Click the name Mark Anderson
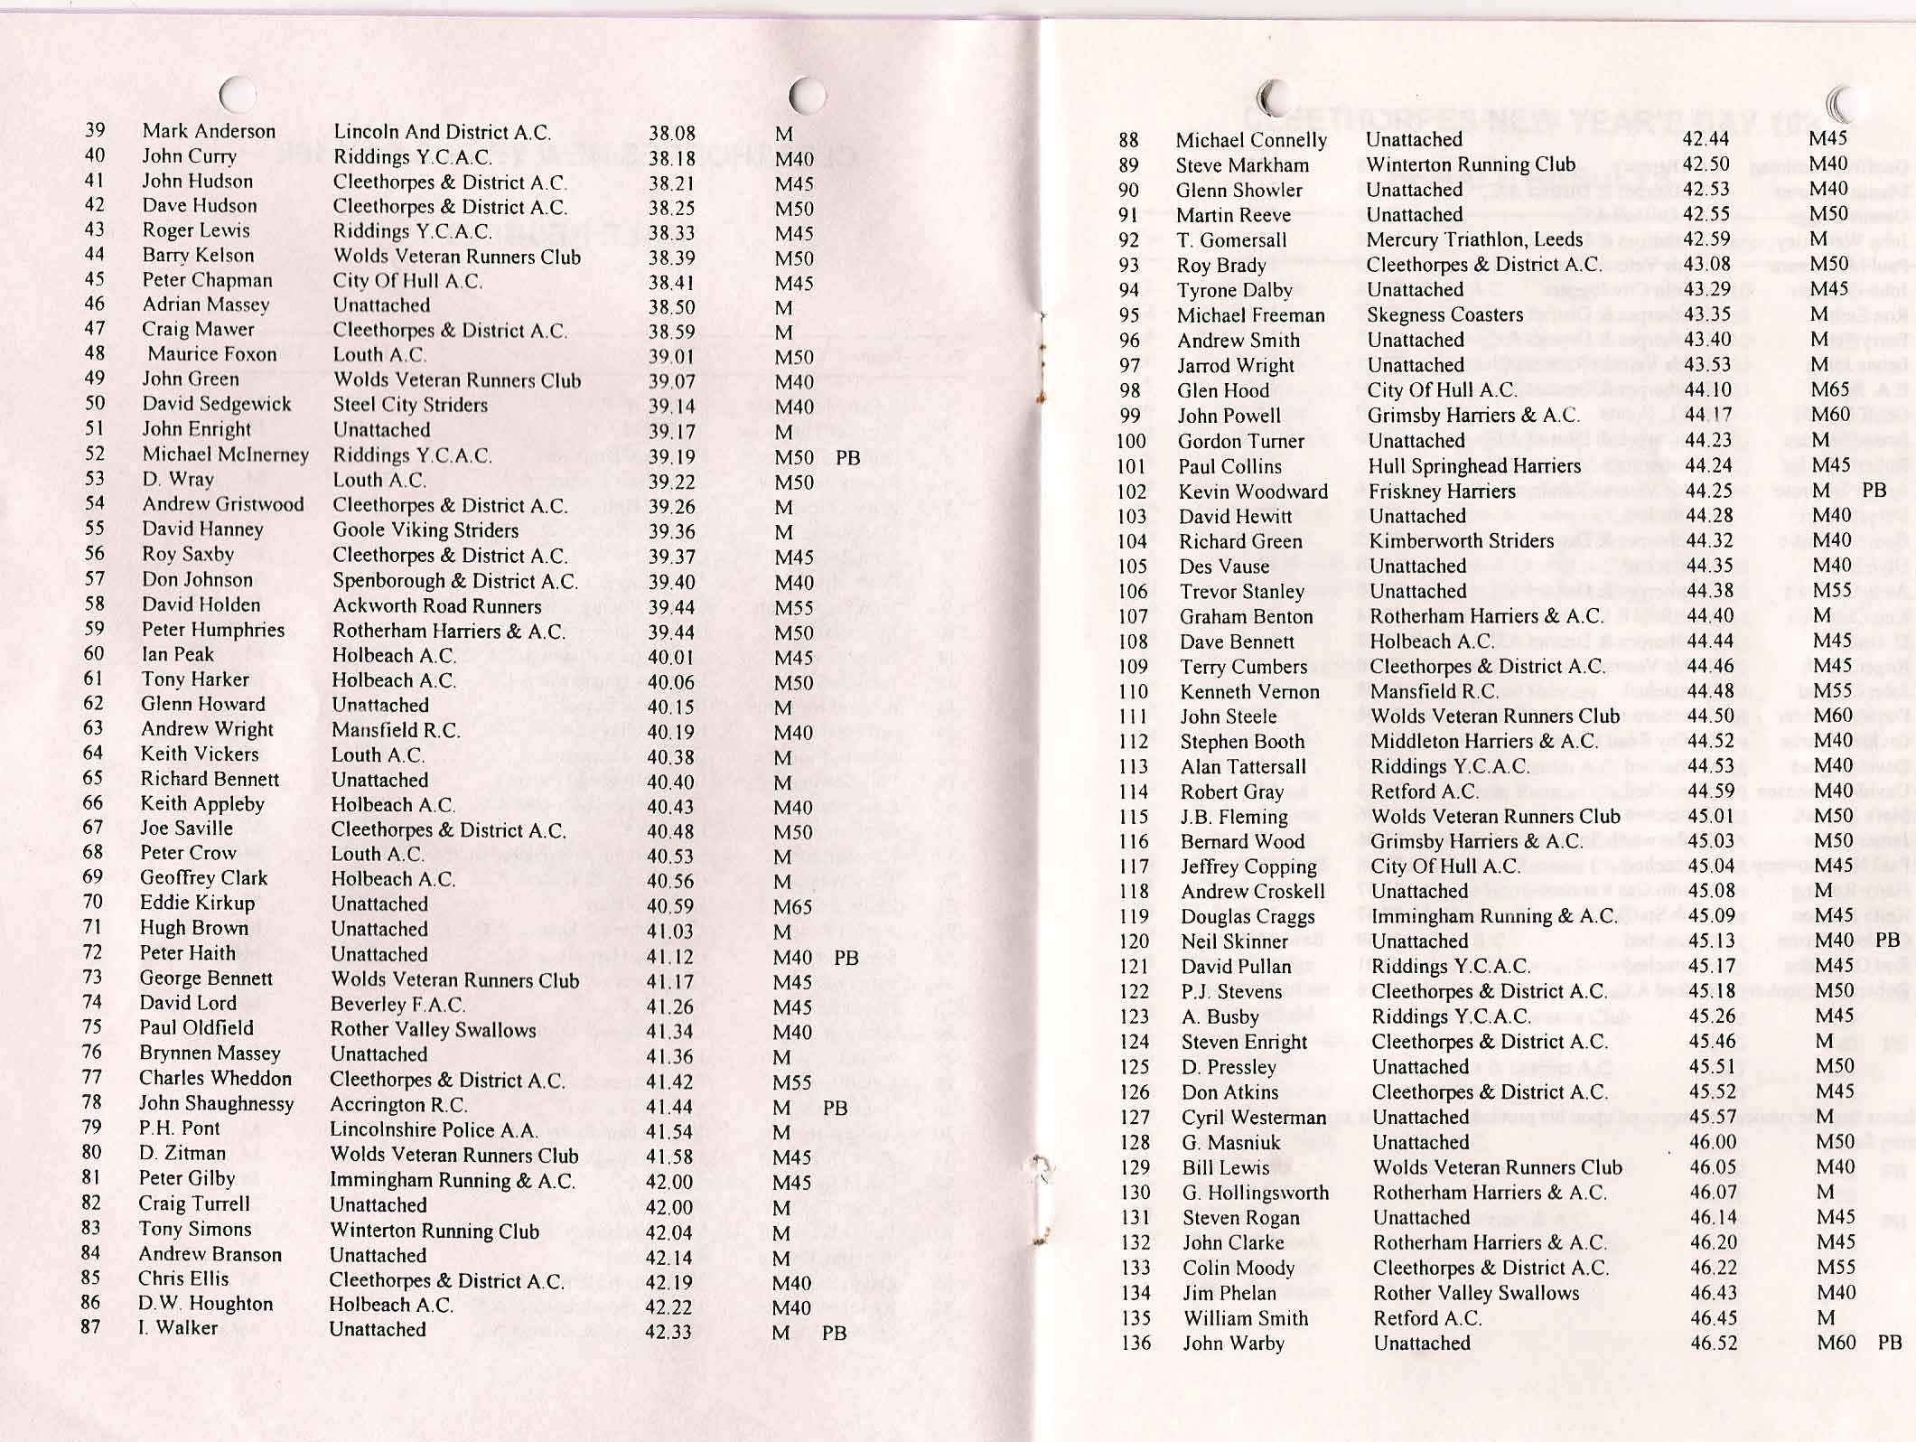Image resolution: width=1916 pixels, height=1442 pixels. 209,131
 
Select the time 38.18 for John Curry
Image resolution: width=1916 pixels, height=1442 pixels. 671,159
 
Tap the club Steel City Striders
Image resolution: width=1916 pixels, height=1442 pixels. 410,405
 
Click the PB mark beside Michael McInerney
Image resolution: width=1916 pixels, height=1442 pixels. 847,457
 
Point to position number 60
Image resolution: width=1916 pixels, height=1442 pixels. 94,653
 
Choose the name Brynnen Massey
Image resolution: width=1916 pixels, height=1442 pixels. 210,1053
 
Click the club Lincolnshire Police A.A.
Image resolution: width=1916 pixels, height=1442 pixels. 434,1129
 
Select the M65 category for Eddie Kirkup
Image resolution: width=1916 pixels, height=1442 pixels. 793,907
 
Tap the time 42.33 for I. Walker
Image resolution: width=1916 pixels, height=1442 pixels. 669,1332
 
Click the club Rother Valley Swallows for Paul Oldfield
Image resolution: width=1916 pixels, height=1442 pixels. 433,1030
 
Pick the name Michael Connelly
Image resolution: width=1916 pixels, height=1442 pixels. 1251,140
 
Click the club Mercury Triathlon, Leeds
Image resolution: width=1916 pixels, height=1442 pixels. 1474,239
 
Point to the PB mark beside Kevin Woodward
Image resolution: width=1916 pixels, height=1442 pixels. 1874,490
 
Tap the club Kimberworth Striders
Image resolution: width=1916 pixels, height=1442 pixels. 1461,541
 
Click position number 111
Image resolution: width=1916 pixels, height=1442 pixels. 1132,716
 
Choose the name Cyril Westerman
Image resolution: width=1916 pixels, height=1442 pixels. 1254,1118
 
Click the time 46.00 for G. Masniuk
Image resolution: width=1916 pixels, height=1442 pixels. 1713,1142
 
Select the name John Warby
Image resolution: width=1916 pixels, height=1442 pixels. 1233,1344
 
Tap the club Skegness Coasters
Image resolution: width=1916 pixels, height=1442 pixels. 1444,314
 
